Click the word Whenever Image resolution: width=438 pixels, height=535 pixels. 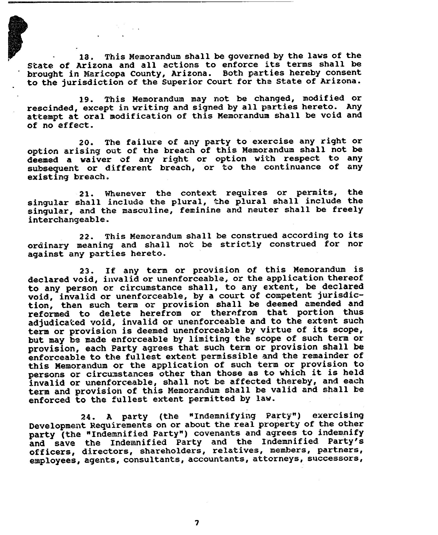[125, 194]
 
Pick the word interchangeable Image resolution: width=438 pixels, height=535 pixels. [69, 220]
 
